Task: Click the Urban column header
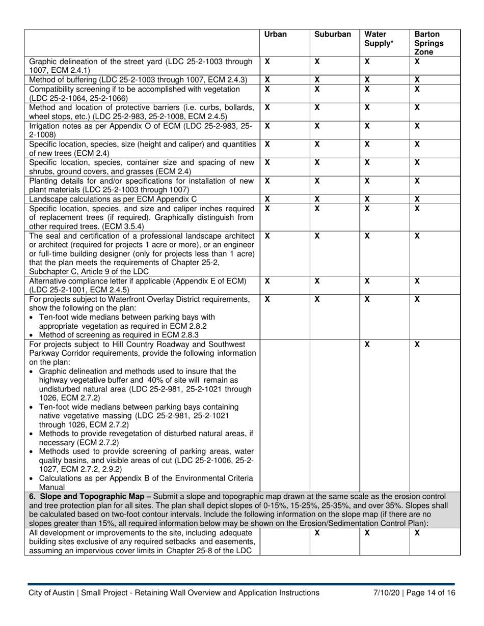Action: click(x=275, y=35)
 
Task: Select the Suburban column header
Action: click(x=332, y=35)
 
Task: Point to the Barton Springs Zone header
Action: click(x=428, y=43)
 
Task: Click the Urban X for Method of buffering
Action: click(x=267, y=80)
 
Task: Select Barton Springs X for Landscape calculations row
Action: click(x=417, y=199)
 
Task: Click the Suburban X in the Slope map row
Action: click(x=316, y=533)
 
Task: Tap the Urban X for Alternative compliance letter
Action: click(x=267, y=281)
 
